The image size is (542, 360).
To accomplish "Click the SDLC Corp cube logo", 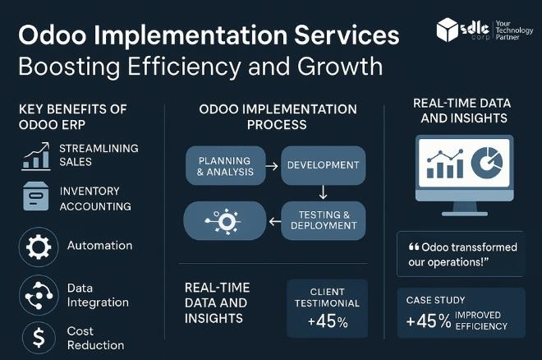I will pyautogui.click(x=448, y=30).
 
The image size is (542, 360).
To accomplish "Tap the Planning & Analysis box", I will pyautogui.click(x=225, y=165).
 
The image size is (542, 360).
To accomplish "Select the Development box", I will pyautogui.click(x=323, y=165).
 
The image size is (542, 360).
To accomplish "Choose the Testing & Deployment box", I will pyautogui.click(x=323, y=221).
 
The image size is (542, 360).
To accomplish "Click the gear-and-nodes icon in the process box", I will pyautogui.click(x=225, y=221).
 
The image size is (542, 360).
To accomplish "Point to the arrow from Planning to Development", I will pyautogui.click(x=273, y=165).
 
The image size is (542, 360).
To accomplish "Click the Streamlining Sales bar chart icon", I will pyautogui.click(x=36, y=155).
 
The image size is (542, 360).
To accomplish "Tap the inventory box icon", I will pyautogui.click(x=36, y=197).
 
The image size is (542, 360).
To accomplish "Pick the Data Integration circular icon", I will pyautogui.click(x=37, y=294).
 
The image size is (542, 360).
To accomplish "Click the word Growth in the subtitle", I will pyautogui.click(x=333, y=65).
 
